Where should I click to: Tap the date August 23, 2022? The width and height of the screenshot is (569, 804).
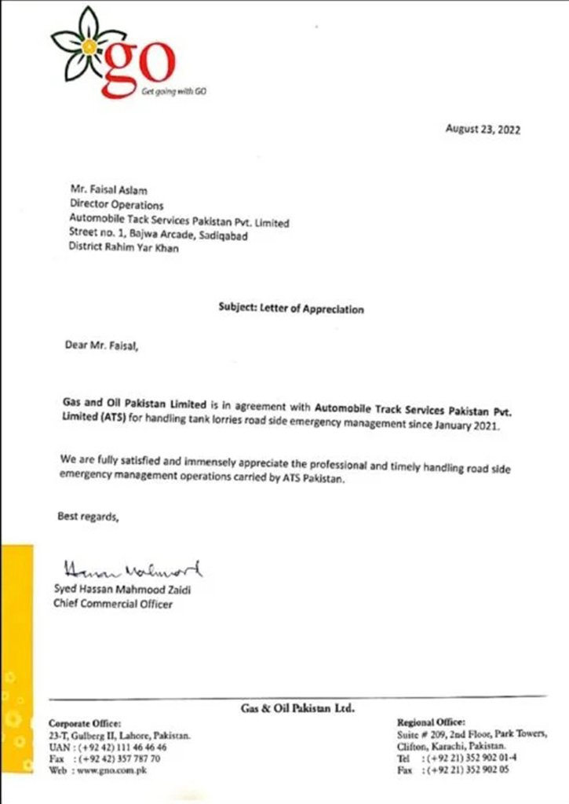(x=483, y=130)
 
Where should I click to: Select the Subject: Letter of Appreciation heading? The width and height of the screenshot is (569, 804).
(x=290, y=309)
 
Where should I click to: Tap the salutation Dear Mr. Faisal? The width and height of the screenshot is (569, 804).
(x=101, y=344)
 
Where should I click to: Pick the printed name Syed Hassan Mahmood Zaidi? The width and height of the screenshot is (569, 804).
(x=122, y=590)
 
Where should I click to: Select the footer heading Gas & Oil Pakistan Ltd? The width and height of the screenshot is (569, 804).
(x=297, y=708)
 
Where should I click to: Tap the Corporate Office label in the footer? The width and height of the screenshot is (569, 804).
(x=85, y=722)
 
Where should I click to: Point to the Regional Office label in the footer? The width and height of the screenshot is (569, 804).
(x=432, y=721)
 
